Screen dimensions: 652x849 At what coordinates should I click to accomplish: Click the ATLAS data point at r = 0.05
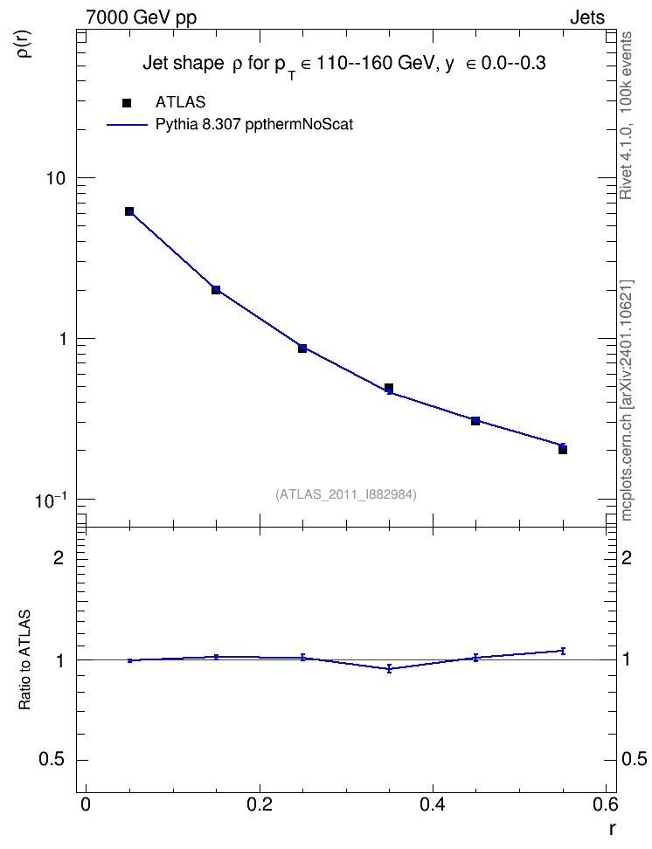[129, 211]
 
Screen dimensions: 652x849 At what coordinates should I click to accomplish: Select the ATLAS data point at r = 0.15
[216, 290]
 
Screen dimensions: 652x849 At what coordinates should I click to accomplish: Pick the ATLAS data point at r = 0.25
[302, 349]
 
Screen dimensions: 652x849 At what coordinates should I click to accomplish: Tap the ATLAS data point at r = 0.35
[389, 388]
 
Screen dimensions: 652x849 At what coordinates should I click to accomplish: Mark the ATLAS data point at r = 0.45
[475, 421]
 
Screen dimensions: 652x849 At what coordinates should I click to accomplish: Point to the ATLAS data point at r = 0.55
[563, 450]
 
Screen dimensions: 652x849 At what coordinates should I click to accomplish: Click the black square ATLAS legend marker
[127, 103]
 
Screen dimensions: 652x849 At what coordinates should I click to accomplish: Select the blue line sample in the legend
[127, 125]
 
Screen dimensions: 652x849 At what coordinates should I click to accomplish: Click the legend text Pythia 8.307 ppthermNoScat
[254, 125]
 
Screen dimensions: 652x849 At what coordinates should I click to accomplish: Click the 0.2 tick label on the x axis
[259, 804]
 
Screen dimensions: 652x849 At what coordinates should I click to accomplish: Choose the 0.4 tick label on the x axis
[433, 804]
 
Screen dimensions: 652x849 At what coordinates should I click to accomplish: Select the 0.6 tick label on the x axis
[605, 804]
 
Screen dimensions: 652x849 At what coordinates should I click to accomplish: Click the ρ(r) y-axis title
[24, 44]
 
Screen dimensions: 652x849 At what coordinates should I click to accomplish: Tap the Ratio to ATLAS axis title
[24, 660]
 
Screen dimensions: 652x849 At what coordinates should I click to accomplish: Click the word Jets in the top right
[587, 17]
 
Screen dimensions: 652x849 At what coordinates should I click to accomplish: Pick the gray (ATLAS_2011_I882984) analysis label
[346, 494]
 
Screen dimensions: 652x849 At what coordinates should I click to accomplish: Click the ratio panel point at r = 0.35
[389, 669]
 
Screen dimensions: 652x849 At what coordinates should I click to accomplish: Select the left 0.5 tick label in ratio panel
[52, 760]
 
